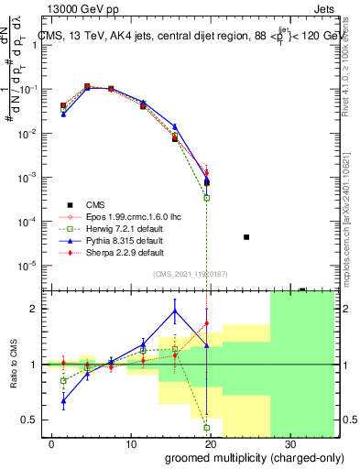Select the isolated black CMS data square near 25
246,237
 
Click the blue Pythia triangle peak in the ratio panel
174,310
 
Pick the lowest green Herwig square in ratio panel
207,427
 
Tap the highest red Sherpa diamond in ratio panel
207,323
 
